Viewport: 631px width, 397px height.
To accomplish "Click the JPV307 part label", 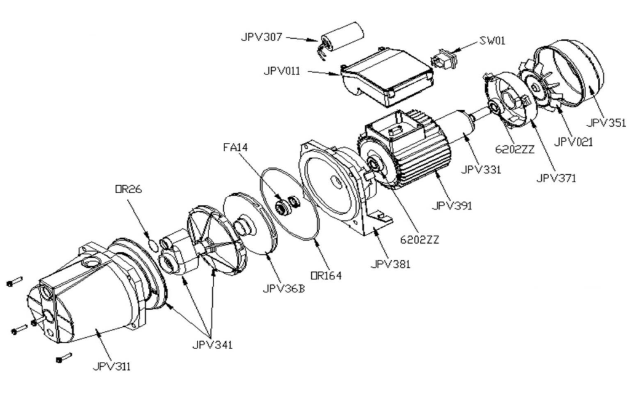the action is (261, 38).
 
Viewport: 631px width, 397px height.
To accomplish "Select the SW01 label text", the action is (492, 41).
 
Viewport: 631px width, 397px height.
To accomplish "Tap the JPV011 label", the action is (282, 71).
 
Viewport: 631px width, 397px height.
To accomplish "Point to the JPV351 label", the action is (606, 123).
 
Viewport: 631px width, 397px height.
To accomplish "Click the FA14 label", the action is (236, 147).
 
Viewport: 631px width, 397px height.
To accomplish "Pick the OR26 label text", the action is (129, 189).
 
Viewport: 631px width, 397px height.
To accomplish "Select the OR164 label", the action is (326, 276).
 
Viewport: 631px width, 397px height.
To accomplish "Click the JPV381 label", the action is (391, 264).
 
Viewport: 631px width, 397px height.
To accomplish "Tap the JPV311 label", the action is (111, 366).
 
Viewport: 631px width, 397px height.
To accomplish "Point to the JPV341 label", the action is (212, 345).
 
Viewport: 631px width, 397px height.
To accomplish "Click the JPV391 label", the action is (452, 206).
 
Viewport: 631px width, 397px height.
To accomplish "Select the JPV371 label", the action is (556, 177).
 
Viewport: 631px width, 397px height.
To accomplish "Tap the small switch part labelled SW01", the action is (444, 59).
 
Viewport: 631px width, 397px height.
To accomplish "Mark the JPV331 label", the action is (481, 169).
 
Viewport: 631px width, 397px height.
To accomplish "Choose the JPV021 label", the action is (573, 142).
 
